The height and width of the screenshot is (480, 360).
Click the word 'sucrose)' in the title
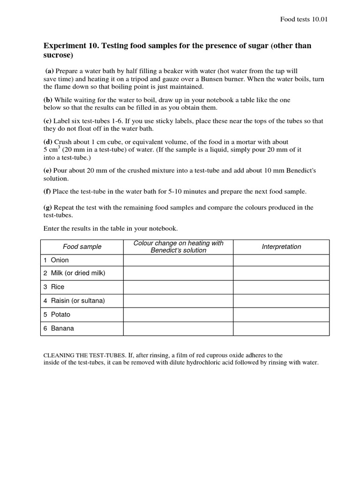click(58, 55)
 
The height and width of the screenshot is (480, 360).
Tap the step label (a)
click(49, 71)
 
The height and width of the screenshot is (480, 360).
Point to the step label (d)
click(48, 142)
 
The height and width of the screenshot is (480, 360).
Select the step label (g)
click(48, 207)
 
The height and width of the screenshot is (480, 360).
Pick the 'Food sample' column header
click(82, 247)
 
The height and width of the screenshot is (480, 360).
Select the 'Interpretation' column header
click(281, 247)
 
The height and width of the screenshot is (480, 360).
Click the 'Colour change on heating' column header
click(178, 247)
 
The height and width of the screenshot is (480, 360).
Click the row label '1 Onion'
click(56, 260)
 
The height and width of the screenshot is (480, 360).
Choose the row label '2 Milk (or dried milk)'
click(74, 273)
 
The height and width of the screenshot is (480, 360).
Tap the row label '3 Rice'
click(54, 287)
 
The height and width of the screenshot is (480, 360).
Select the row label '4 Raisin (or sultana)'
click(74, 300)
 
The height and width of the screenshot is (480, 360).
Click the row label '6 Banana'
click(59, 329)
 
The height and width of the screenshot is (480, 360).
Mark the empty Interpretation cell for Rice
click(281, 287)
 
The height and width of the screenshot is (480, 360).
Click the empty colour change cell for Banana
click(178, 329)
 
